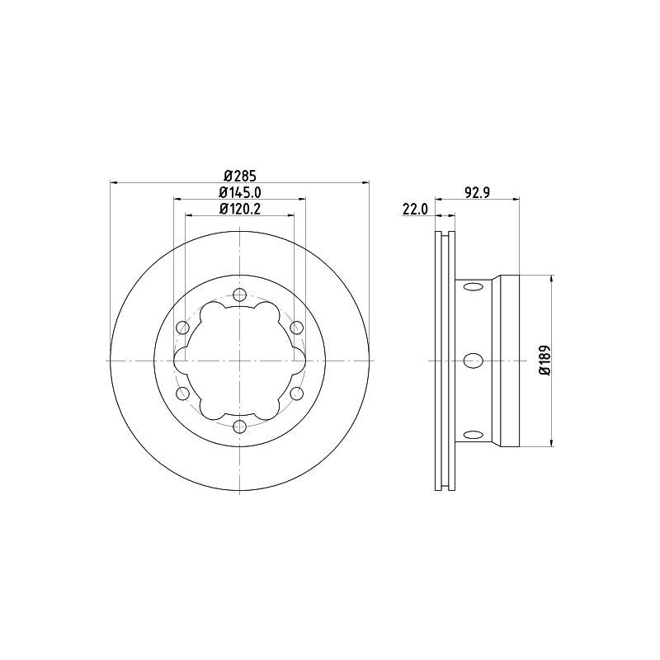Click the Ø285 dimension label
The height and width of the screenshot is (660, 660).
pyautogui.click(x=240, y=175)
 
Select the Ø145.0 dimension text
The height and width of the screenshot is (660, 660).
pyautogui.click(x=240, y=192)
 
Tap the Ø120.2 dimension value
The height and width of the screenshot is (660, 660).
pyautogui.click(x=240, y=209)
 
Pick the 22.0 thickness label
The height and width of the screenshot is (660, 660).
pyautogui.click(x=415, y=209)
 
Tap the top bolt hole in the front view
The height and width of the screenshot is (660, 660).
pyautogui.click(x=239, y=295)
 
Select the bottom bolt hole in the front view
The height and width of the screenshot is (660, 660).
pyautogui.click(x=239, y=427)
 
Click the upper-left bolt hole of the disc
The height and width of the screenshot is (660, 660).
pyautogui.click(x=182, y=327)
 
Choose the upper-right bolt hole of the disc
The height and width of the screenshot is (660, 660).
pyautogui.click(x=297, y=327)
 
